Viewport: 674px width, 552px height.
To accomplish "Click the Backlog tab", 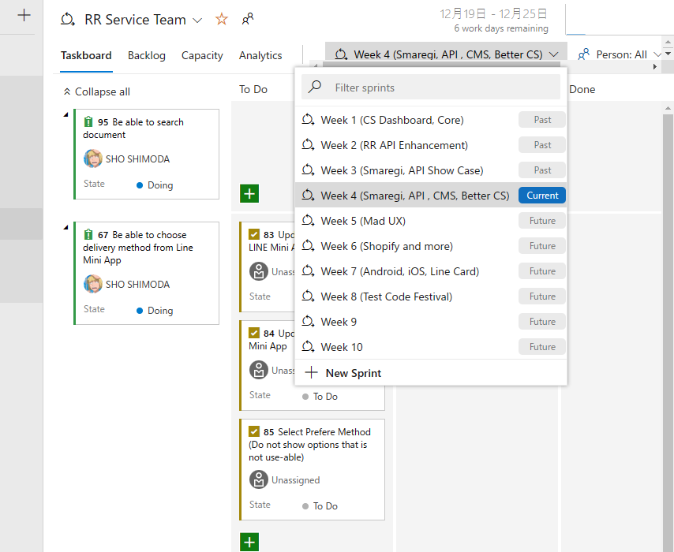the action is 146,55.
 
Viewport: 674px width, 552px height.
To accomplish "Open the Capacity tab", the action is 202,55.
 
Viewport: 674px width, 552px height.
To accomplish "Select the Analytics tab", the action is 260,55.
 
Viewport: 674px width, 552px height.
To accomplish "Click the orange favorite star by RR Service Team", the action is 222,20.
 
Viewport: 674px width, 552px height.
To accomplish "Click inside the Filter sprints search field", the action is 442,88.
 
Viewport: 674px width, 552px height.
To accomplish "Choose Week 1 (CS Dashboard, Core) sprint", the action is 391,120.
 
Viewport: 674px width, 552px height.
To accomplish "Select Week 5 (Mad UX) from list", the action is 363,221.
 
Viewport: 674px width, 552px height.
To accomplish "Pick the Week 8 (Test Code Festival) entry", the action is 386,297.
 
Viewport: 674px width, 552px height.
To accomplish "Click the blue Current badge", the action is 542,196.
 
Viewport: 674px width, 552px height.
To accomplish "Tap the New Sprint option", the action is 353,373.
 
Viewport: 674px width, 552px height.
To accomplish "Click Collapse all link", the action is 102,91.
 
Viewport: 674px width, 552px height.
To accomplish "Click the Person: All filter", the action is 620,54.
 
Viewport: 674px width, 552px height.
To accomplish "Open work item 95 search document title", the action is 147,123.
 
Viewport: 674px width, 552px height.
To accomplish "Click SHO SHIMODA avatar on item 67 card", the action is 93,284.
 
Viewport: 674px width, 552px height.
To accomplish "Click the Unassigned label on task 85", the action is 295,479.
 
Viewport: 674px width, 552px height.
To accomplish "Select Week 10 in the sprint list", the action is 342,347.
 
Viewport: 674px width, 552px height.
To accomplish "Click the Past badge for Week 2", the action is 542,145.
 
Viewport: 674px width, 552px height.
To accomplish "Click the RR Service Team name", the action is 135,20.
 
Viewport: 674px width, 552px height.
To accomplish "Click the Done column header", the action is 582,89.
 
